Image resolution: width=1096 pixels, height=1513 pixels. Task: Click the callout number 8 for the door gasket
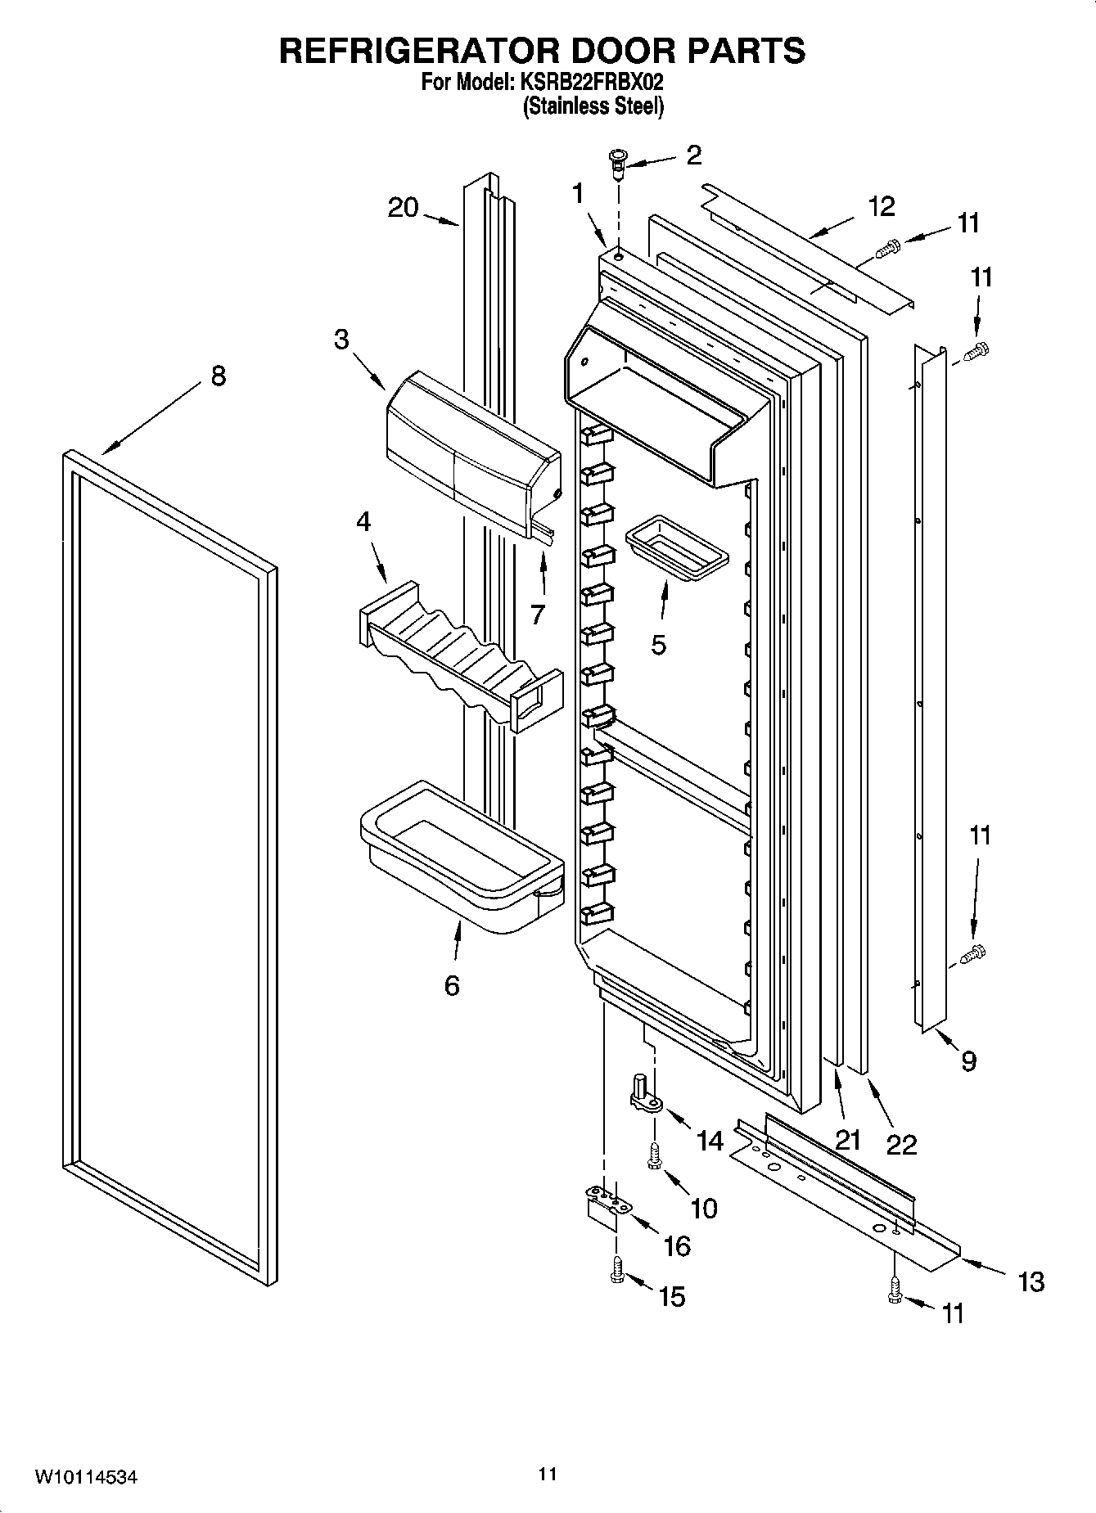[218, 376]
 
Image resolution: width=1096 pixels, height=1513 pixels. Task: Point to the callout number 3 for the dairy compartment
[341, 339]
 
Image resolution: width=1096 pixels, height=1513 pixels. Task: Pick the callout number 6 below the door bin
[452, 985]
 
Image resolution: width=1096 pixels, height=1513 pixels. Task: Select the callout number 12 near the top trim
[881, 206]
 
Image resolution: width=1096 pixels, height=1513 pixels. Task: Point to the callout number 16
[677, 1245]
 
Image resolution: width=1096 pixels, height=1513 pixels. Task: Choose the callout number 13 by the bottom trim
[1031, 1281]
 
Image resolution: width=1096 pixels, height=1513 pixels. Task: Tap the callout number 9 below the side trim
[968, 1061]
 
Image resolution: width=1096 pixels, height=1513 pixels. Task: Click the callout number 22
[901, 1144]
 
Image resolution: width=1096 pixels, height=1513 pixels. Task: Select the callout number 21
[849, 1139]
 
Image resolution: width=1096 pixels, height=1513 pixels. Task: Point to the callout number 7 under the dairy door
[537, 614]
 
